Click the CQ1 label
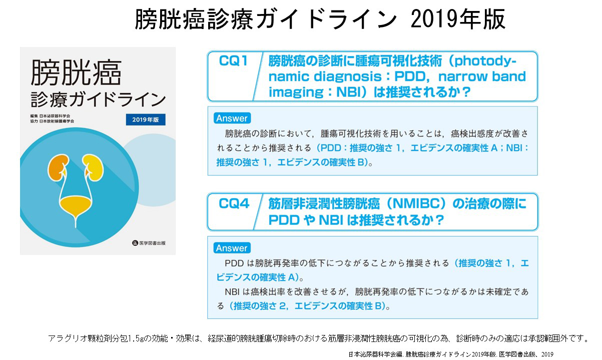click(233, 62)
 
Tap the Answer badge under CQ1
click(232, 118)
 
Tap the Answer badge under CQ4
click(232, 248)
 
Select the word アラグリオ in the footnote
click(67, 338)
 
